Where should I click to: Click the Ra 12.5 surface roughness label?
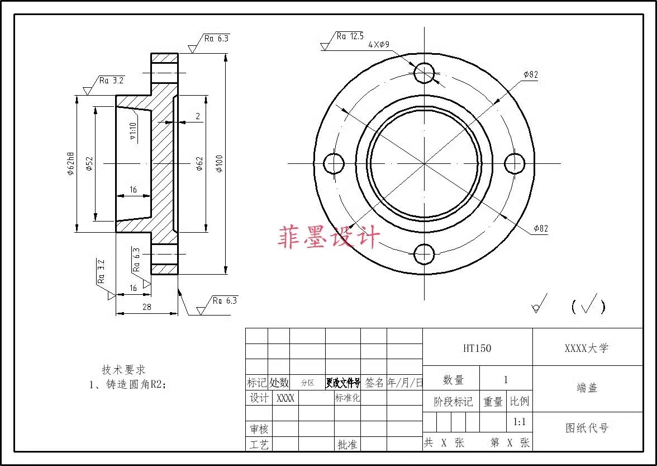(x=350, y=36)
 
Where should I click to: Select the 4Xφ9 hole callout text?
(x=379, y=45)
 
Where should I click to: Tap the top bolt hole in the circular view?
(x=425, y=72)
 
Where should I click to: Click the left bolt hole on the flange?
(x=334, y=163)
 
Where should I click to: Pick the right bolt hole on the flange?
(x=515, y=163)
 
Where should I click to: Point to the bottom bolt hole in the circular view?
(x=425, y=254)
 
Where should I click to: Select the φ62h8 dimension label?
(x=71, y=163)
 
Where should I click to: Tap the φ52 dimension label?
(x=89, y=163)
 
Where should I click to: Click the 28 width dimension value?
(x=147, y=307)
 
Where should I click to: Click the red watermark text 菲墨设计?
(x=328, y=237)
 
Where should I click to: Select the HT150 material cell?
(x=477, y=348)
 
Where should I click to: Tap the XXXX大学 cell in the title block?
(x=587, y=348)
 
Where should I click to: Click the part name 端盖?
(x=587, y=387)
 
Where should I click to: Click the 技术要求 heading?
(x=123, y=370)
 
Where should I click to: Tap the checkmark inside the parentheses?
(x=589, y=304)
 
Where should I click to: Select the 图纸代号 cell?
(x=587, y=428)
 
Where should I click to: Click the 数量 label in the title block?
(x=453, y=380)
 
